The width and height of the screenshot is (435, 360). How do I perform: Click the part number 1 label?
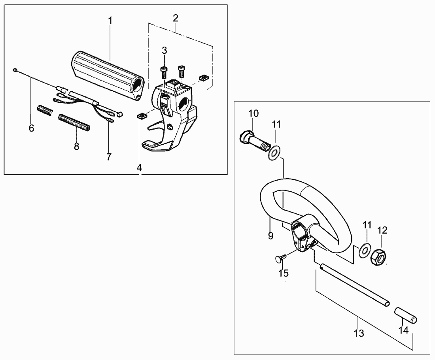[110, 21]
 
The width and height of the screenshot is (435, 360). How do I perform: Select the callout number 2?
[175, 18]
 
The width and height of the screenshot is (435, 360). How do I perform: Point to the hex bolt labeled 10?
[254, 141]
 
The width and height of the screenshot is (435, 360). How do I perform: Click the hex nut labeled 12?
[379, 256]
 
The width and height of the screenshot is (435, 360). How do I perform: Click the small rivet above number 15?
[280, 258]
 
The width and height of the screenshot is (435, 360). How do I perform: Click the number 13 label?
[359, 333]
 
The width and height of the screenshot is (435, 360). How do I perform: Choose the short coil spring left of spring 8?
[45, 111]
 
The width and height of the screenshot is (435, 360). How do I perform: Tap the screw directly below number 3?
[164, 73]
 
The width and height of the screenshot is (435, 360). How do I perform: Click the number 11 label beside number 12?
[367, 225]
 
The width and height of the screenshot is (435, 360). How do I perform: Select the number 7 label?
[109, 157]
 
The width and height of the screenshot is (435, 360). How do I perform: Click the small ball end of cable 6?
[15, 70]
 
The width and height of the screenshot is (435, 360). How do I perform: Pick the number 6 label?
[31, 128]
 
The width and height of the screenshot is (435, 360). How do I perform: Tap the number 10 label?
[253, 113]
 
